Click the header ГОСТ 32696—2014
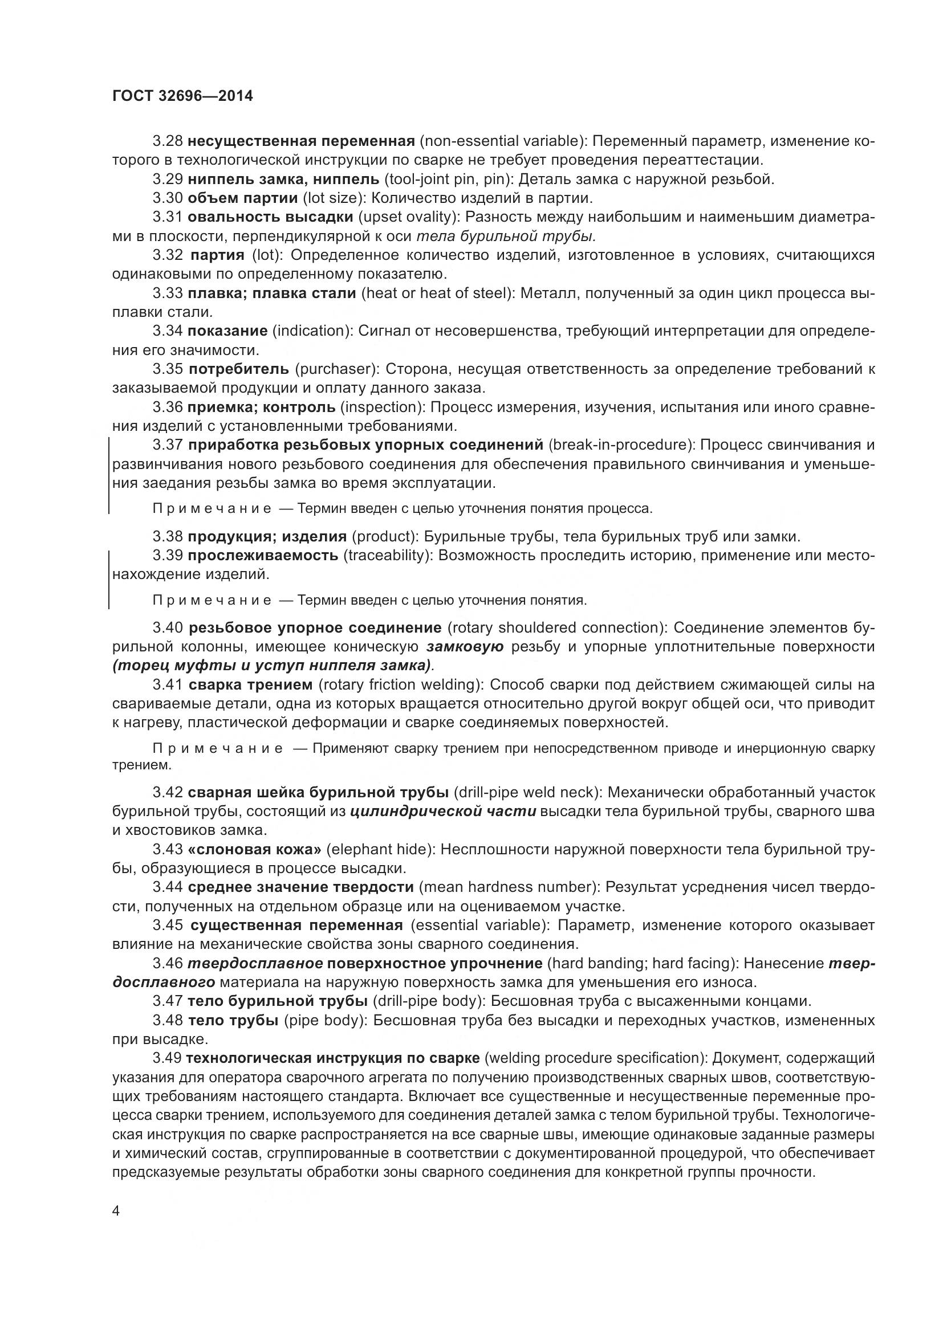[x=182, y=96]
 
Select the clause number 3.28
[x=168, y=141]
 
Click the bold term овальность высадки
[x=271, y=217]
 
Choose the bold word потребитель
[x=239, y=369]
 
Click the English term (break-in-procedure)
[x=621, y=445]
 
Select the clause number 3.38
[x=168, y=536]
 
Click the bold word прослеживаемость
[x=263, y=555]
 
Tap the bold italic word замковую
[x=465, y=647]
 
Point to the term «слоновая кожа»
[x=255, y=849]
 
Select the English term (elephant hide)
[x=381, y=849]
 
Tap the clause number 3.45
[x=168, y=925]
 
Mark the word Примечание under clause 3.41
[x=218, y=748]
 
